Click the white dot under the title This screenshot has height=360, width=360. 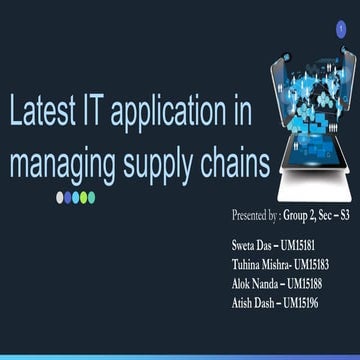point(59,197)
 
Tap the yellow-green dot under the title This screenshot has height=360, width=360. point(91,197)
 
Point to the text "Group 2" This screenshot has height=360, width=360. point(302,216)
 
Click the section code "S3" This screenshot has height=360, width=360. point(345,216)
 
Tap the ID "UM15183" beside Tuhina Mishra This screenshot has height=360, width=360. point(320,264)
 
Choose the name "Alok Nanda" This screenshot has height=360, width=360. point(254,283)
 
